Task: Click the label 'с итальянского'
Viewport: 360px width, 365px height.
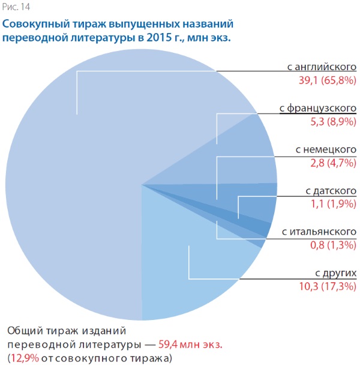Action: [319, 232]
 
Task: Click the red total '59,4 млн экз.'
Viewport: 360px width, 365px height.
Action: [190, 345]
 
